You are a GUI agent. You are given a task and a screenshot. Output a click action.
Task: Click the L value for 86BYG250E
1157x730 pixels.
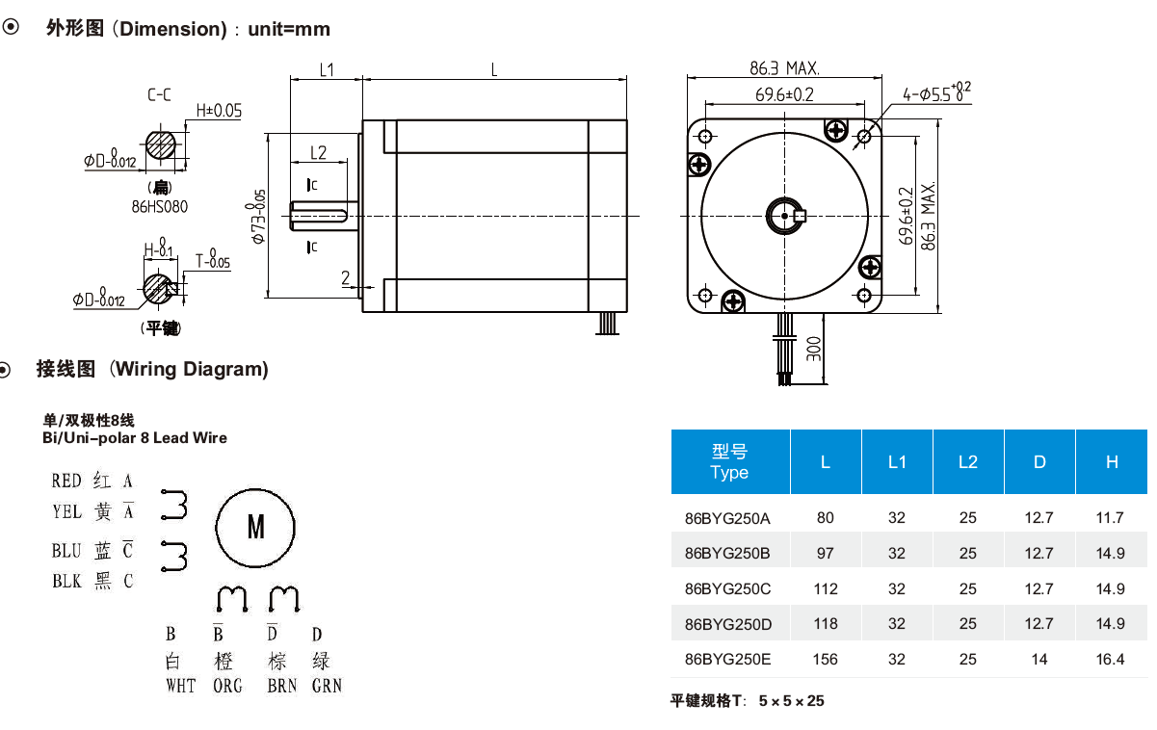click(826, 660)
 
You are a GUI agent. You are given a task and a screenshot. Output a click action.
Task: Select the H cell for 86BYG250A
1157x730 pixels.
click(1110, 518)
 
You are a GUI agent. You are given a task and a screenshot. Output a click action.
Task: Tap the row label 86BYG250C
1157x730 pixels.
click(727, 588)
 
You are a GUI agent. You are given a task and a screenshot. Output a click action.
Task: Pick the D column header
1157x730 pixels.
click(1039, 462)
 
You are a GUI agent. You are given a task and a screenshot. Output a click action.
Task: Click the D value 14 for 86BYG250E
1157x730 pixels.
click(1039, 660)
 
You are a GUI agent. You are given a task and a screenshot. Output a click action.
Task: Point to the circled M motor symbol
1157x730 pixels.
click(256, 527)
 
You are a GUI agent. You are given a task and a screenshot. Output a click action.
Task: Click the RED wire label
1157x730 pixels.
click(66, 481)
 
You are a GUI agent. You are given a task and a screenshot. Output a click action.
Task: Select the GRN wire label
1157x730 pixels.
click(327, 686)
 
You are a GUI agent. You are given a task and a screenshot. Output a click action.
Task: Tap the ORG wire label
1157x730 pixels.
click(228, 686)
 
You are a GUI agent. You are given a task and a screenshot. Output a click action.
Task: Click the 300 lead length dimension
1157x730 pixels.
click(814, 348)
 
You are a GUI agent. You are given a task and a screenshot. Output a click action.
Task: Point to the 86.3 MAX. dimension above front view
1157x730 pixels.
click(784, 68)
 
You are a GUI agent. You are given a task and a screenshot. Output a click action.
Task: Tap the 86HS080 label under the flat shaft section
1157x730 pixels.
click(160, 206)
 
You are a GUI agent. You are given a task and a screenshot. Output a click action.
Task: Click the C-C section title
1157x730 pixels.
click(160, 94)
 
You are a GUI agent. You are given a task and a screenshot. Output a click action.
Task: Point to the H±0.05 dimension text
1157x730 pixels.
click(219, 111)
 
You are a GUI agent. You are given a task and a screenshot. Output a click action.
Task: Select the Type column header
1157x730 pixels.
click(729, 462)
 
